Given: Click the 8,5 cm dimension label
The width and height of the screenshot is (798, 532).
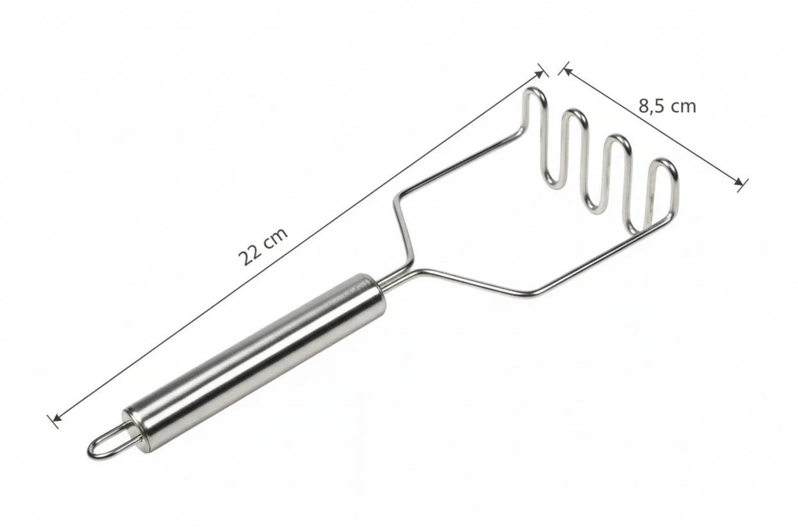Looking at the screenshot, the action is tap(667, 106).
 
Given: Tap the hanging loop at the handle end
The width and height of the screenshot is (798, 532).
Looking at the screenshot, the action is tap(107, 443).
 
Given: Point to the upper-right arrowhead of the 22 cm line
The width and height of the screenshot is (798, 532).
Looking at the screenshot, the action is tap(540, 73).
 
